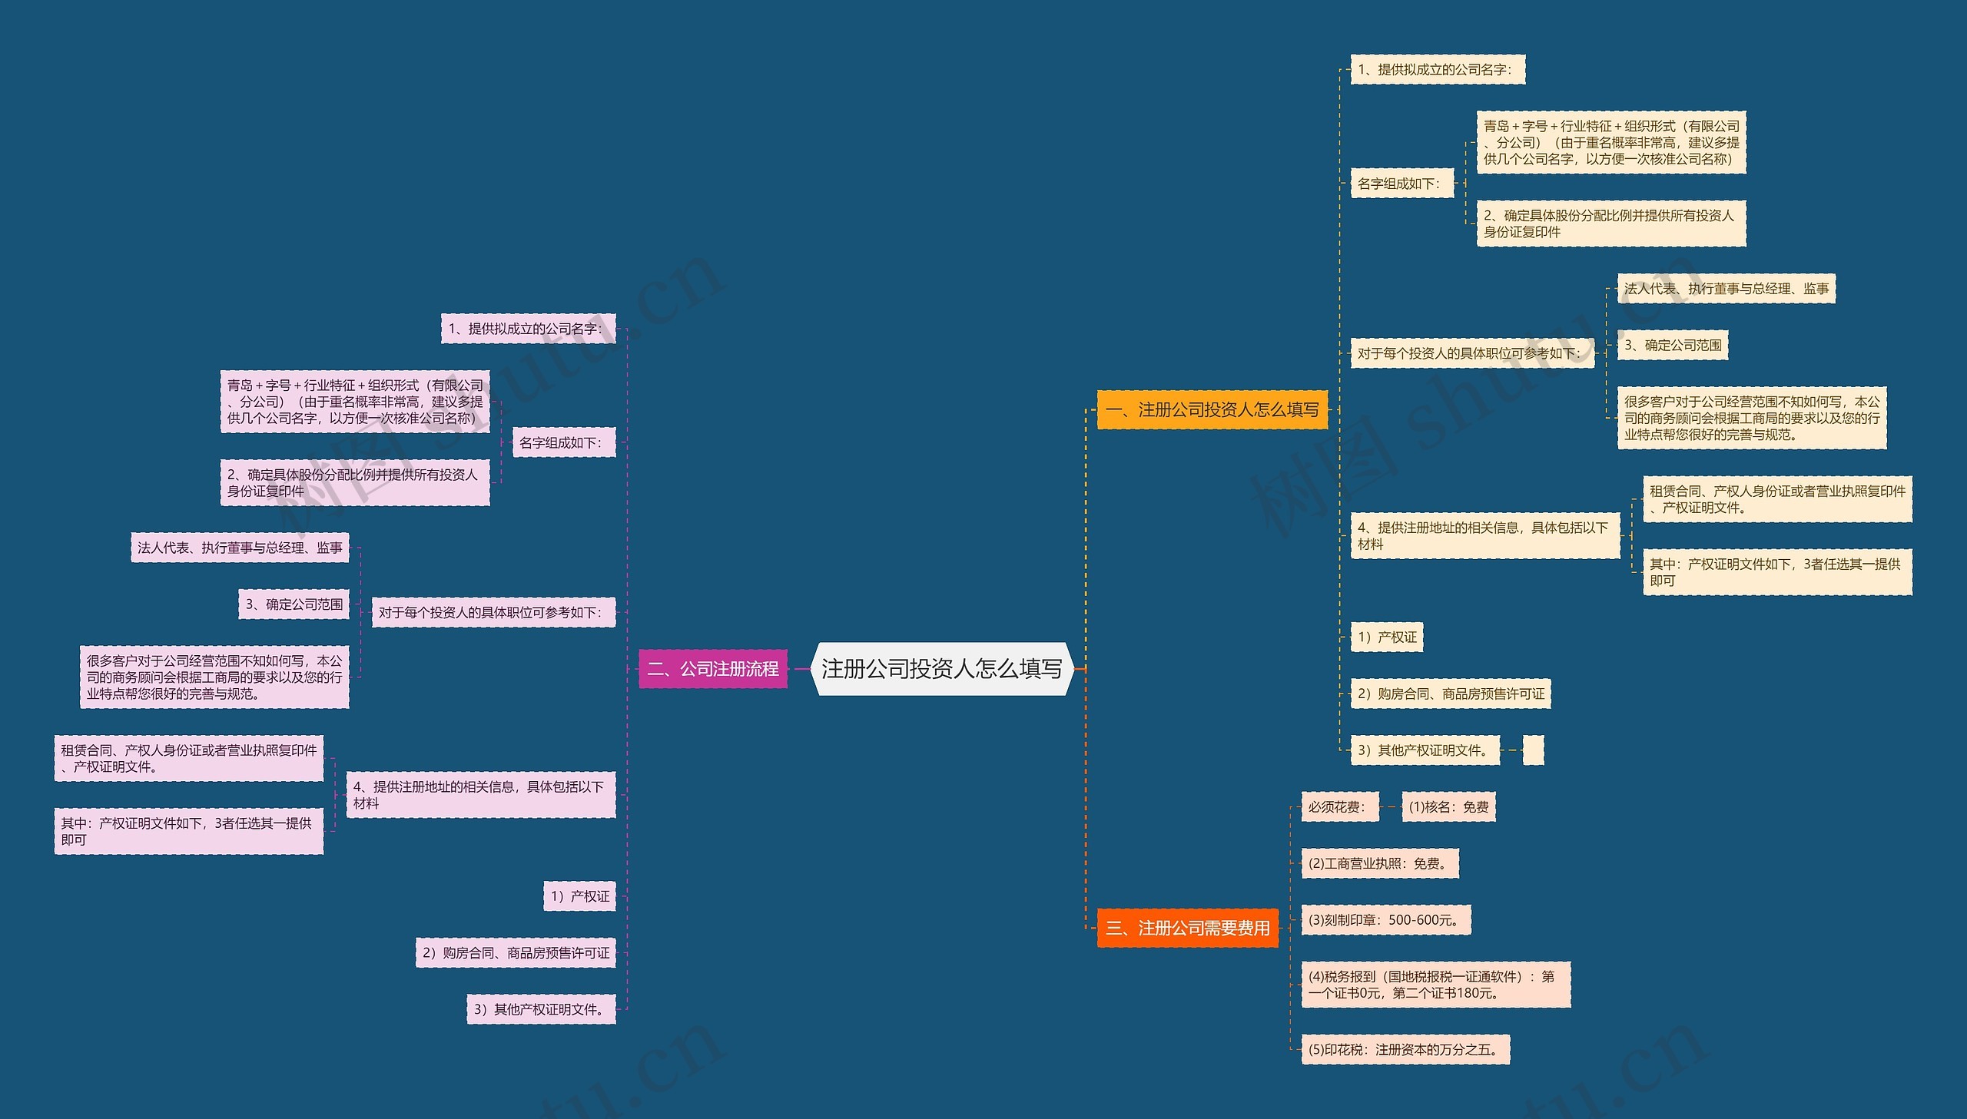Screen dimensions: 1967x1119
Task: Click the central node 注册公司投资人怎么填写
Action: [941, 669]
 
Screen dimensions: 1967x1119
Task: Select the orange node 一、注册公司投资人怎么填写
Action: [1212, 409]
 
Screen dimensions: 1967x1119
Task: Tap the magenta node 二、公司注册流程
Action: [712, 669]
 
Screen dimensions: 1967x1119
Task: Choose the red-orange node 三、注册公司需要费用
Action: [1188, 928]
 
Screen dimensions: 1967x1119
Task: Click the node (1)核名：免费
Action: [1448, 807]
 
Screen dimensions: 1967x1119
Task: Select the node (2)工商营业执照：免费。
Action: [1380, 863]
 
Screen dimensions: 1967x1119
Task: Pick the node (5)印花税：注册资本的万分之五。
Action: [1405, 1050]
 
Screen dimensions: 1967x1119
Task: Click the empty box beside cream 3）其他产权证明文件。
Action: [1533, 750]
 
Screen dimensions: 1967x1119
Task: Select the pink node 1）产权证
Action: [579, 896]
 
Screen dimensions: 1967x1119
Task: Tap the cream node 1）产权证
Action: [1387, 637]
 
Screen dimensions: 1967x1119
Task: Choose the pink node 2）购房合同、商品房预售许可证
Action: [516, 953]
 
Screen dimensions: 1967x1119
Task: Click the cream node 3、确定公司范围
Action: [1673, 345]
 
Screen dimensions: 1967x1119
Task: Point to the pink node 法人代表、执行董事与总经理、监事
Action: [240, 547]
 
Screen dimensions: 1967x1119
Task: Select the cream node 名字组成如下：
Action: [1402, 183]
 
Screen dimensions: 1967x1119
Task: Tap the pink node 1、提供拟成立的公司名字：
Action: [528, 328]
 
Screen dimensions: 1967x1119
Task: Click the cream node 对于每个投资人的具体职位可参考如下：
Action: [1472, 353]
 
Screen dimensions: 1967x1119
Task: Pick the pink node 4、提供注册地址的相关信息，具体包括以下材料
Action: [481, 795]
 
